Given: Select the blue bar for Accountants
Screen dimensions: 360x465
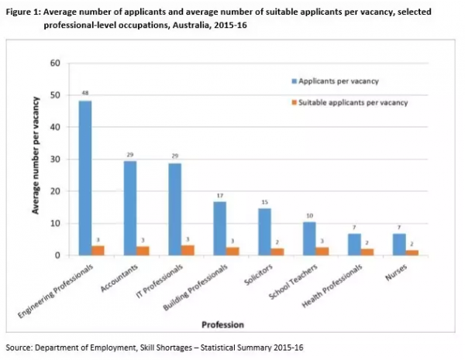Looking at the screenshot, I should coord(131,208).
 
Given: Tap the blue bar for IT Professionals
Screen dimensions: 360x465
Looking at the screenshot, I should coord(175,209).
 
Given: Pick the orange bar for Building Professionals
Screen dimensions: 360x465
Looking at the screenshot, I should coord(232,251).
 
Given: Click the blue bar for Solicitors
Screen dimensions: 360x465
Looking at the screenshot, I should coord(264,231).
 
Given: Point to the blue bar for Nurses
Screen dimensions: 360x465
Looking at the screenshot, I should coord(398,245).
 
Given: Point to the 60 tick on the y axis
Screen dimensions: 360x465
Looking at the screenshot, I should coord(55,63).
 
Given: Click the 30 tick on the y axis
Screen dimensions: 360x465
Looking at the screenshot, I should coord(55,159).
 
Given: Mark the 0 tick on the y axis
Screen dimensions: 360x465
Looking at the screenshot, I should coord(57,255).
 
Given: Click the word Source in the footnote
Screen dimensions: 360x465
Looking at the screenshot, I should coord(19,346).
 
